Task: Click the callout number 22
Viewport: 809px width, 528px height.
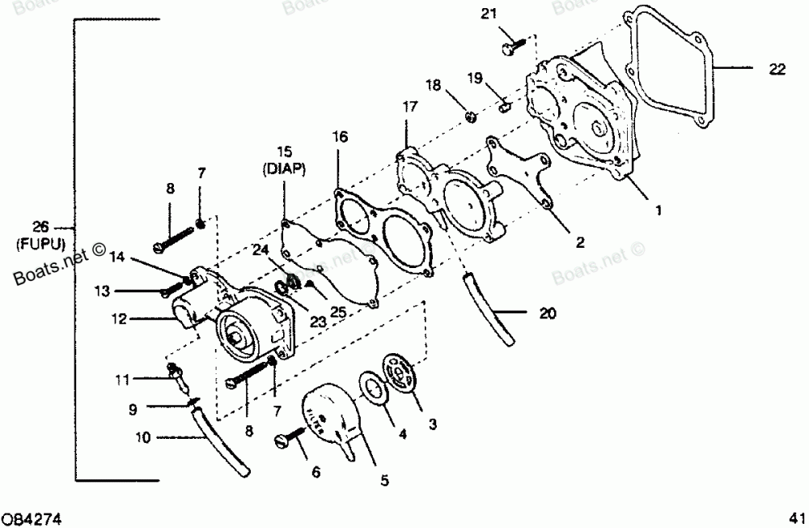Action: [x=777, y=70]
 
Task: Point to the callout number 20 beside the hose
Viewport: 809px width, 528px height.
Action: [x=548, y=313]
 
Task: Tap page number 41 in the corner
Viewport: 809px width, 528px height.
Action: [x=797, y=516]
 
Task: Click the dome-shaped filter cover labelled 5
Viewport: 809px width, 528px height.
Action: [x=332, y=417]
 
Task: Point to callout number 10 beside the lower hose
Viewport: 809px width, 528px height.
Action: [x=143, y=439]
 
